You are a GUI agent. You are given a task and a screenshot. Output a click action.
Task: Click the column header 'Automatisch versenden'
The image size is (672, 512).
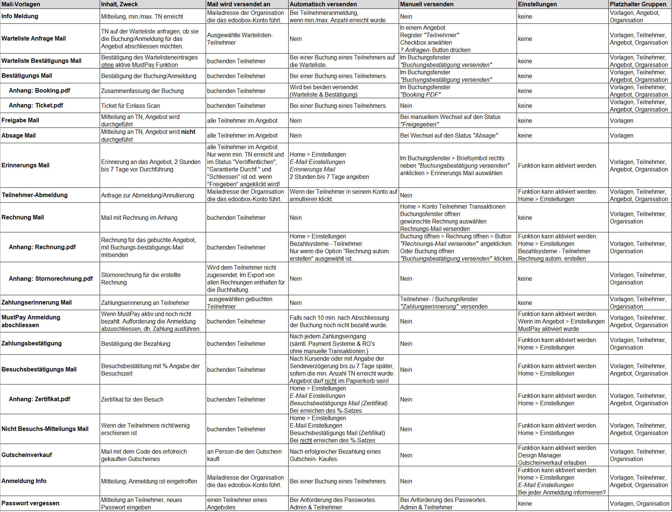click(323, 4)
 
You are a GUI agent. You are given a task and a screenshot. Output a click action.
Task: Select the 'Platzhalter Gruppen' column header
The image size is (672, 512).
click(638, 4)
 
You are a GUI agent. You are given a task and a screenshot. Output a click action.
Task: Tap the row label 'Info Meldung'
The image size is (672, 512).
click(20, 16)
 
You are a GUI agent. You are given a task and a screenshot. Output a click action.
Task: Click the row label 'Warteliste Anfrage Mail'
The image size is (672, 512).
click(33, 38)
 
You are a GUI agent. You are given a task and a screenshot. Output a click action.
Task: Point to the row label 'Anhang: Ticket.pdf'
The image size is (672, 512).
click(36, 105)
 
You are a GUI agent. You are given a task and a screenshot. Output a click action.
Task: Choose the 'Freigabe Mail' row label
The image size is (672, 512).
click(20, 120)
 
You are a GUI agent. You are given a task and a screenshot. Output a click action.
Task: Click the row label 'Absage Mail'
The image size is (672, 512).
click(19, 135)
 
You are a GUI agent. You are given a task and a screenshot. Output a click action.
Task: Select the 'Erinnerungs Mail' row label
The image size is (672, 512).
click(25, 165)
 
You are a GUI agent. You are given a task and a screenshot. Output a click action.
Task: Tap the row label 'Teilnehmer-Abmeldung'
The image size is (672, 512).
click(35, 195)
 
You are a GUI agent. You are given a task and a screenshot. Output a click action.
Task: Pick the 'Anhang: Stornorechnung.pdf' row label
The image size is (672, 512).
click(51, 278)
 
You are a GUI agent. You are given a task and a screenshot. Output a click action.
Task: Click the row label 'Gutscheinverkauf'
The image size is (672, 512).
click(27, 455)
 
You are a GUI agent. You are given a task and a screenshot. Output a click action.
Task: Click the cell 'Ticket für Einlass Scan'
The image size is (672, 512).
click(131, 106)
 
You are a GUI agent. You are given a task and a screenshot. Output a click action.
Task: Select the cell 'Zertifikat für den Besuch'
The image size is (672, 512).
click(132, 399)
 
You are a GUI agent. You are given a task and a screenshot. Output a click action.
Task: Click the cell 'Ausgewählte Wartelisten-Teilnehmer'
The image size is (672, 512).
click(239, 39)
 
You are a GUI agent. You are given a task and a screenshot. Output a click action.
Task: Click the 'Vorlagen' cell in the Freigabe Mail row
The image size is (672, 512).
click(621, 120)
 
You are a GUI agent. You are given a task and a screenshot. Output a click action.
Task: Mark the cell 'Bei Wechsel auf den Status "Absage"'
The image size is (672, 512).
click(449, 135)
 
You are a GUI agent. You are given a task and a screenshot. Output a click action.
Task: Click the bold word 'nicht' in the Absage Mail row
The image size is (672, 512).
click(188, 132)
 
